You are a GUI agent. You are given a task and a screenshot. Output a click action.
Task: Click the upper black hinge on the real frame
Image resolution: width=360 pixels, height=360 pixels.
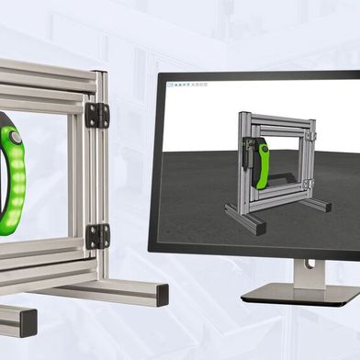(96, 115)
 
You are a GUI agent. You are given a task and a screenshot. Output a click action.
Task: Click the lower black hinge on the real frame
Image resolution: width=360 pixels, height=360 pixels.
(97, 236)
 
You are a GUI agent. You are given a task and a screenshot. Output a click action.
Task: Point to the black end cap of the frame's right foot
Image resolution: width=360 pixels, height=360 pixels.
(163, 295)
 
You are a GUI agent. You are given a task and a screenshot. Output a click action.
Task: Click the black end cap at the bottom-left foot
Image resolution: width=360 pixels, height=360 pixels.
(20, 322)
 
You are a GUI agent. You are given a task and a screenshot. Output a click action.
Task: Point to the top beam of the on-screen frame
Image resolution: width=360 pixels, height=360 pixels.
(276, 118)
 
